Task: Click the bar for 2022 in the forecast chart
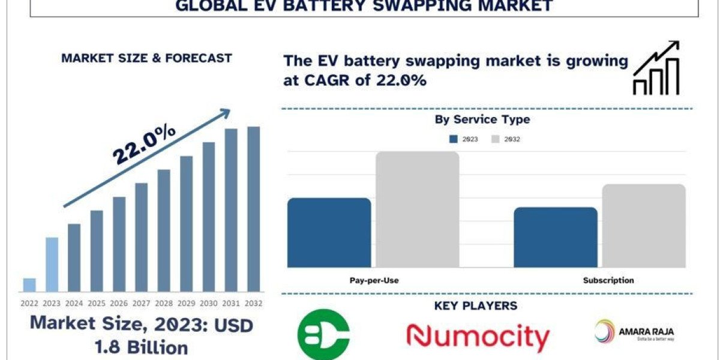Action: tap(29, 285)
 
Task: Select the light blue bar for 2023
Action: tap(52, 265)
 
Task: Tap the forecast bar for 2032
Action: tap(254, 209)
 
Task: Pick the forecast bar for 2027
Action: tap(141, 238)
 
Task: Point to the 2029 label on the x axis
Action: tap(186, 304)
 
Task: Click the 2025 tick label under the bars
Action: tap(97, 304)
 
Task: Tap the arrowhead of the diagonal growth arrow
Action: tap(226, 112)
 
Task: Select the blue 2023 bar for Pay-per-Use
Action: tap(329, 233)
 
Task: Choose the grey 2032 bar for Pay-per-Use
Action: tap(418, 209)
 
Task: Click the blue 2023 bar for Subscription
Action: tap(555, 238)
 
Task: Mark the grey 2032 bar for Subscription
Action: tap(644, 226)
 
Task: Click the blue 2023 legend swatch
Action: tap(454, 139)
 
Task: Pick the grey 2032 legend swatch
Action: tap(496, 139)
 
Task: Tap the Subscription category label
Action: tap(608, 280)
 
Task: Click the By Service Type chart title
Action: tap(482, 119)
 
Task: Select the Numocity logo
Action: tap(478, 337)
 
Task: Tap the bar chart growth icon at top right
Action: tap(656, 68)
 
